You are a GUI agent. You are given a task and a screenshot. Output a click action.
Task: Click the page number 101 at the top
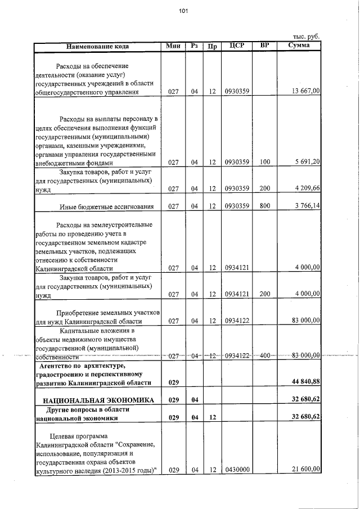[x=183, y=11]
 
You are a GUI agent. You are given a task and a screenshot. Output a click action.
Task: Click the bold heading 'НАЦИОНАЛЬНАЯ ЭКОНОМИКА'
[x=95, y=400]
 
